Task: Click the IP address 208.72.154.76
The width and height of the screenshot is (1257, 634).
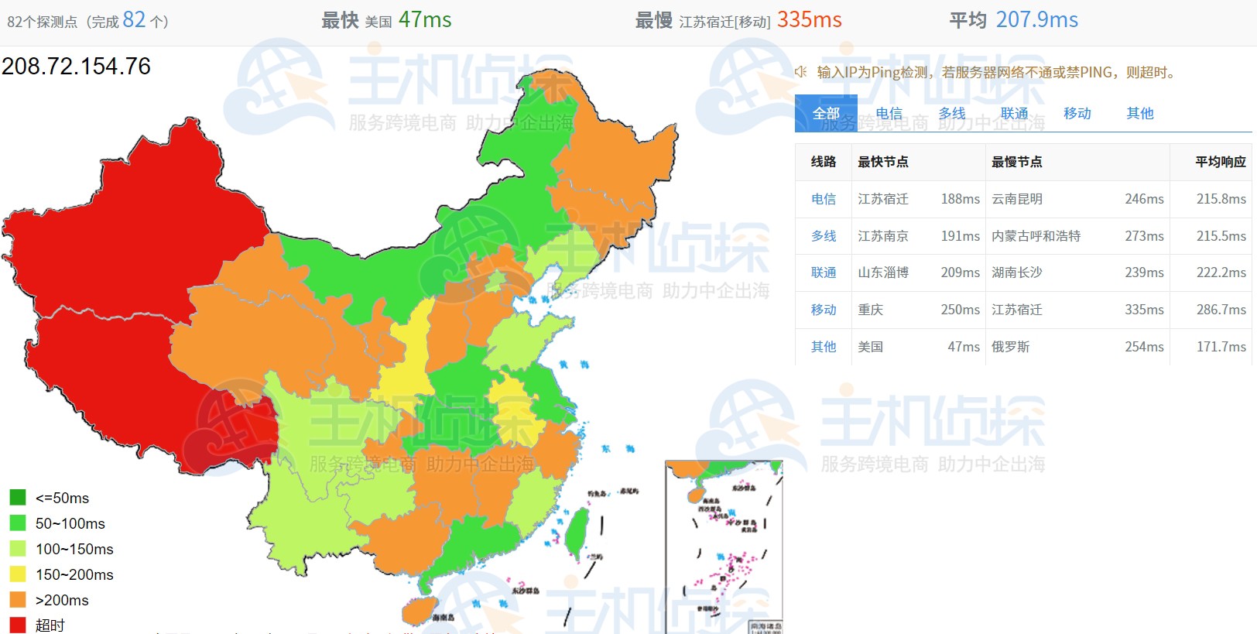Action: tap(76, 67)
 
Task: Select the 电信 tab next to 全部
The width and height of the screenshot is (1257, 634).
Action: tap(889, 114)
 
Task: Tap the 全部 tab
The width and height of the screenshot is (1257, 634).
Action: tap(826, 114)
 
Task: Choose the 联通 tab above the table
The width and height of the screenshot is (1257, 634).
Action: tap(1014, 114)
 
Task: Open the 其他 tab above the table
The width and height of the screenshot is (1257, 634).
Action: tap(1139, 114)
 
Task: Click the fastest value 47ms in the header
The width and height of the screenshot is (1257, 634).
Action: tap(425, 20)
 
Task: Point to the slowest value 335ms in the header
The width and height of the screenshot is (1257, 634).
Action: tap(809, 20)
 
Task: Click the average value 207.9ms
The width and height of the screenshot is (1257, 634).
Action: tap(1036, 20)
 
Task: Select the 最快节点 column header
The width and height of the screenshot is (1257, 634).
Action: tap(883, 162)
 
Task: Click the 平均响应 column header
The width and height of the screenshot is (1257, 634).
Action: tap(1220, 162)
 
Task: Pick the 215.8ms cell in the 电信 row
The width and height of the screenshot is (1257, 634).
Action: tap(1221, 199)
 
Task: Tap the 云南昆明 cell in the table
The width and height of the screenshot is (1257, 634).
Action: tap(1017, 199)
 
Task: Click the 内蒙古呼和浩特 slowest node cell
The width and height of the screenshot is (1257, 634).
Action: tap(1036, 236)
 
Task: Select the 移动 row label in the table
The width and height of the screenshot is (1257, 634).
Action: tap(824, 310)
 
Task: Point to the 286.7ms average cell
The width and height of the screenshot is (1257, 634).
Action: tap(1221, 310)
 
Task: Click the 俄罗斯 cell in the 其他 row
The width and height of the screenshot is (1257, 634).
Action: tap(1011, 347)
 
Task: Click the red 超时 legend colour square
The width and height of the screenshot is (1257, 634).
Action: tap(18, 625)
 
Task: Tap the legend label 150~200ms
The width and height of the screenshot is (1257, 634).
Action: tap(74, 574)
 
